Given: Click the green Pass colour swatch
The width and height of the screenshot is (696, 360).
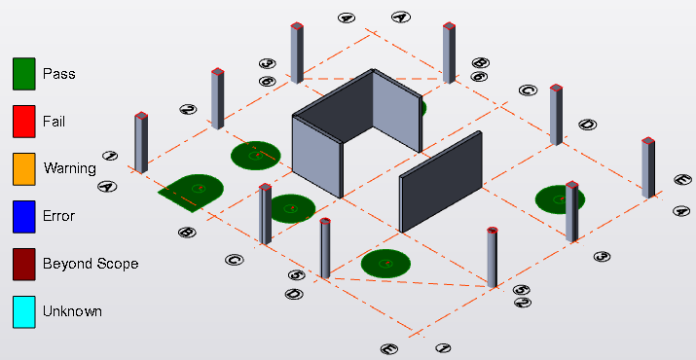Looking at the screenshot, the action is coord(24,74).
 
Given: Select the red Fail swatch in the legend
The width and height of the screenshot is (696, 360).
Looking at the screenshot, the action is coord(24,122).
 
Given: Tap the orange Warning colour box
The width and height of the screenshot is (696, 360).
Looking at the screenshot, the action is coord(24,169).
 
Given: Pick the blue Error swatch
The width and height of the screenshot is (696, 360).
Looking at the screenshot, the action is coord(24,217).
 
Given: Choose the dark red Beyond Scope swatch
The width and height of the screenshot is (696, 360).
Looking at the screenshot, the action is coord(24,264).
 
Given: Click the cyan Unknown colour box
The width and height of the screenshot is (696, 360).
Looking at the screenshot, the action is coord(24,312).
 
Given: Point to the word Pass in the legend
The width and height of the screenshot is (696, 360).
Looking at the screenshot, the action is coord(59,74).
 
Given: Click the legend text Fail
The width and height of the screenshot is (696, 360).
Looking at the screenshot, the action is coord(54,122).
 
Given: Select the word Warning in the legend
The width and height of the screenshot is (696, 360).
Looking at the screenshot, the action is coord(70,168).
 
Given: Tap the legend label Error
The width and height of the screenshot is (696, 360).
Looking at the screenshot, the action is coord(58,216).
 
